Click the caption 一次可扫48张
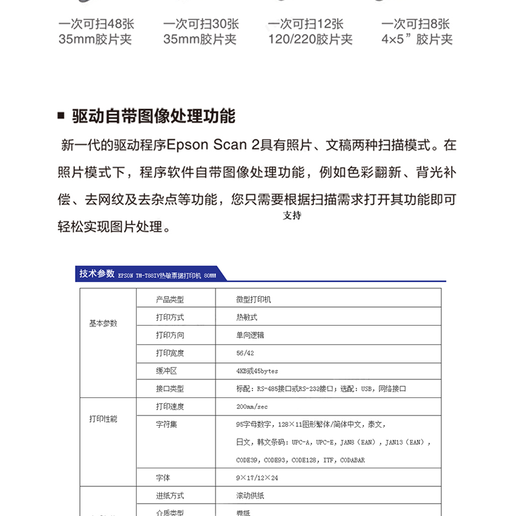96,24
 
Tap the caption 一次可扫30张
201,24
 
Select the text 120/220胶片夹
310,39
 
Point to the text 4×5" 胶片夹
417,39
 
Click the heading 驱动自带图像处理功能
154,116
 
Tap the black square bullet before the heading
61,117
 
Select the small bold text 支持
292,215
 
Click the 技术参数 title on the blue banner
97,273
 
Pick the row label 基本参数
103,323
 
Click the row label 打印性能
103,419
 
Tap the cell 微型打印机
253,299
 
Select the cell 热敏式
246,317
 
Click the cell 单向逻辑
250,335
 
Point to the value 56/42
245,353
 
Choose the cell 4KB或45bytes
257,371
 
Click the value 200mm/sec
252,406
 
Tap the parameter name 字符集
166,424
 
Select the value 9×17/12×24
257,478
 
